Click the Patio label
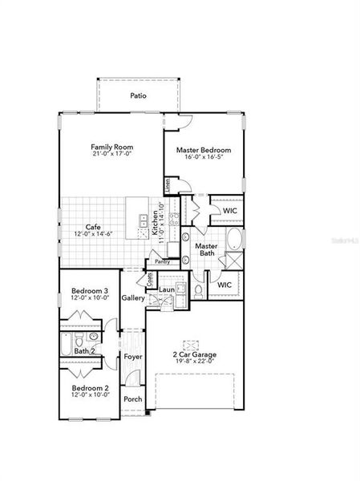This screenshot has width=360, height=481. coord(139,95)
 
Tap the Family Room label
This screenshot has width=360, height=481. coord(111,148)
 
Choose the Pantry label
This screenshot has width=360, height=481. coord(163,261)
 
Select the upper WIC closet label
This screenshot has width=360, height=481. coord(230,211)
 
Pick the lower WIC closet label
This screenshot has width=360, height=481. coord(224,284)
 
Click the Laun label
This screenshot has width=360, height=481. coord(167,289)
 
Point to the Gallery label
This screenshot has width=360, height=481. coord(133,298)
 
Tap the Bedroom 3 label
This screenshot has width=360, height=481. coord(89,290)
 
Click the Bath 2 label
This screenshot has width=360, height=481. coord(85,351)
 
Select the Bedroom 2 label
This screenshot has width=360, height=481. coord(89,388)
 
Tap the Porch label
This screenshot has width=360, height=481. coord(132,399)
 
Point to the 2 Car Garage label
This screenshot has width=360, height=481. coord(195,354)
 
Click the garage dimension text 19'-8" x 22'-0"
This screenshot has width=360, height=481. coord(195,362)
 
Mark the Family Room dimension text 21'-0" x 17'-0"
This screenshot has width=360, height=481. coord(111,156)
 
